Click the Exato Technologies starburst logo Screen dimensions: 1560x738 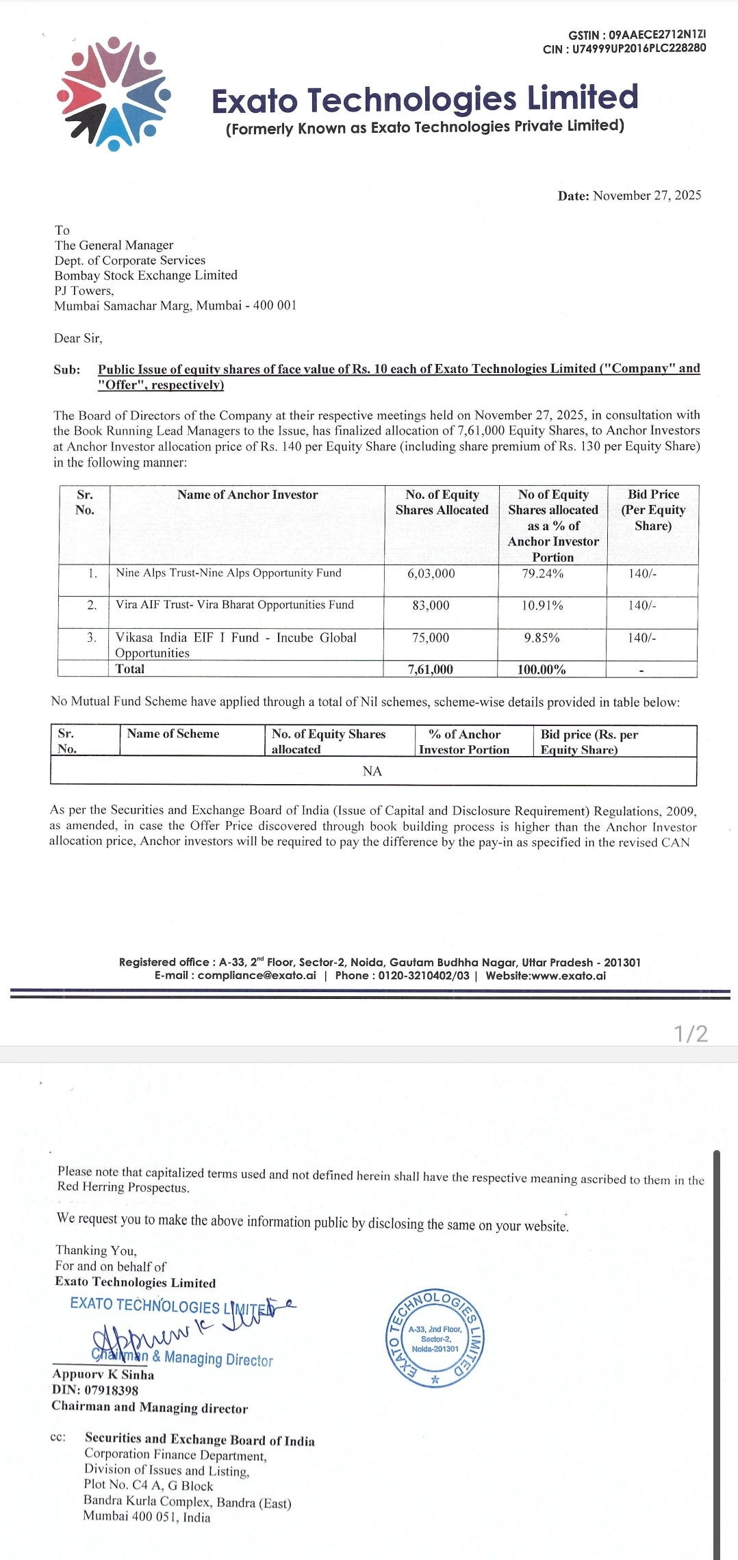pyautogui.click(x=114, y=94)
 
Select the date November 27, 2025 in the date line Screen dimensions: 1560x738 pyautogui.click(x=647, y=196)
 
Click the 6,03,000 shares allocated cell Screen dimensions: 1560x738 pyautogui.click(x=431, y=573)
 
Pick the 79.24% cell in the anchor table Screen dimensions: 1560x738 pyautogui.click(x=543, y=573)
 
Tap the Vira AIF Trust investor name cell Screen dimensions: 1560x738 pyautogui.click(x=235, y=605)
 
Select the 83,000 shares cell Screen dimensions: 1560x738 pyautogui.click(x=431, y=606)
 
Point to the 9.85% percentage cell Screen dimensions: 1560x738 pyautogui.click(x=542, y=638)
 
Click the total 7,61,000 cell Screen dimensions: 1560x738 pyautogui.click(x=431, y=669)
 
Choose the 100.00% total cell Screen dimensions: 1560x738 pyautogui.click(x=542, y=669)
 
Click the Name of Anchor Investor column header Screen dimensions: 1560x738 pyautogui.click(x=247, y=495)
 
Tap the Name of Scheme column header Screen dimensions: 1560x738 pyautogui.click(x=173, y=733)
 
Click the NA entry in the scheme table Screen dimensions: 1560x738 pyautogui.click(x=372, y=771)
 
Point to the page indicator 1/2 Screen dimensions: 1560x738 pyautogui.click(x=691, y=1033)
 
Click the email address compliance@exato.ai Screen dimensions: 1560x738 pyautogui.click(x=257, y=976)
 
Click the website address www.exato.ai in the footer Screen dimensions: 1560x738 pyautogui.click(x=568, y=976)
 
